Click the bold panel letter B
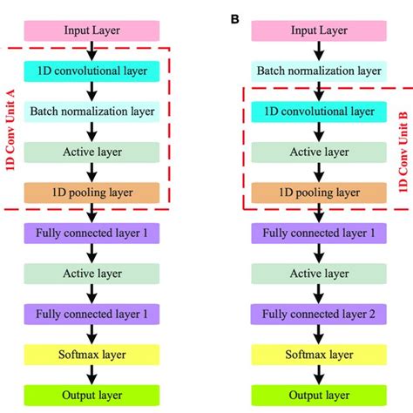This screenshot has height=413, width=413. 234,16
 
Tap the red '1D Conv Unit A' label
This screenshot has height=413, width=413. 11,116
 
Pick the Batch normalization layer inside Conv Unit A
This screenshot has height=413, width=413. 92,112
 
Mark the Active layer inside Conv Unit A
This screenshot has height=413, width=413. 92,152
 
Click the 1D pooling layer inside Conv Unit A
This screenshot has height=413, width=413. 92,192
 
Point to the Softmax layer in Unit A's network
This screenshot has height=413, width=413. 92,353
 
